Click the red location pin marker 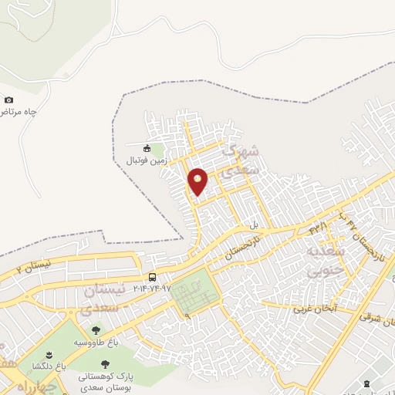(198, 181)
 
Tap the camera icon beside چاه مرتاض (8, 100)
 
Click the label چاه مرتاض (19, 112)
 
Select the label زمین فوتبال (147, 160)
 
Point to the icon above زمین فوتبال (147, 148)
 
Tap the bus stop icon (153, 277)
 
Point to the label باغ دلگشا (47, 366)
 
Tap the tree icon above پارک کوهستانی (103, 362)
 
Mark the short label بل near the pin (252, 225)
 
